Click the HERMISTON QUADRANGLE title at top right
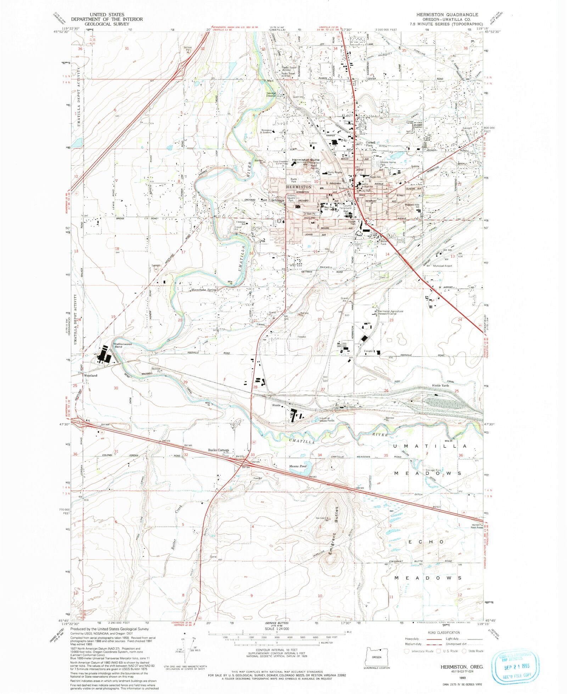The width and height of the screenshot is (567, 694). click(447, 15)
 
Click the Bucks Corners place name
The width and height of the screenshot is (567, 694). click(218, 450)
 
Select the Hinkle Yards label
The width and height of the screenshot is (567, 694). click(440, 385)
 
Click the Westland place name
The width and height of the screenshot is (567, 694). click(90, 375)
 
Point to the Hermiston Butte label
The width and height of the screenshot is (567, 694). click(305, 160)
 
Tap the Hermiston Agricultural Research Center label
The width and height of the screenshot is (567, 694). click(390, 312)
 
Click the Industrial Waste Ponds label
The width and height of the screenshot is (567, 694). click(326, 419)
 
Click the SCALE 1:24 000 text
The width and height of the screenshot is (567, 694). click(276, 628)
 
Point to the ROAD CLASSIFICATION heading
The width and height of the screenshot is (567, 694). click(444, 632)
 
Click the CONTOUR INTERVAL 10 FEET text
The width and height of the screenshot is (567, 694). click(276, 650)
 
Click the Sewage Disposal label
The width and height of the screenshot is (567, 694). click(271, 94)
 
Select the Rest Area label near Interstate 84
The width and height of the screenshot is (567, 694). click(477, 527)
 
